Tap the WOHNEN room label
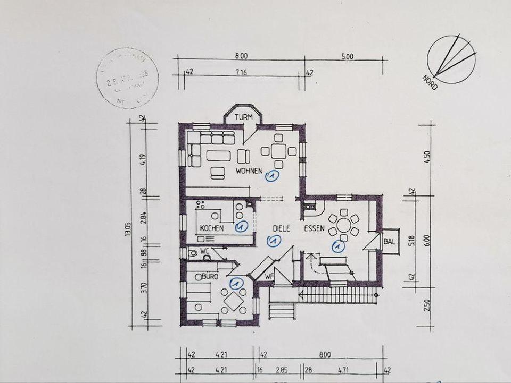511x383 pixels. [x=250, y=171]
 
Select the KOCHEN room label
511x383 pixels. [x=211, y=228]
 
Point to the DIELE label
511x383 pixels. [x=281, y=228]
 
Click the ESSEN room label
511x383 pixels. [x=314, y=228]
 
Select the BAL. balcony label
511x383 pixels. [x=390, y=242]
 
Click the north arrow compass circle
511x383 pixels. [x=451, y=59]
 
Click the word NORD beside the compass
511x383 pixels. [x=430, y=82]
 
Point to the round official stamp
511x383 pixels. [x=128, y=78]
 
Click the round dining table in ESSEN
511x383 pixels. [x=344, y=225]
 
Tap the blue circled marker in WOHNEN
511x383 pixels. [x=272, y=176]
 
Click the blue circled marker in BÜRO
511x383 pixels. [x=236, y=283]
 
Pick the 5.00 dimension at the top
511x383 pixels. [x=347, y=56]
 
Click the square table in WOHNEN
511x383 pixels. [x=278, y=151]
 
